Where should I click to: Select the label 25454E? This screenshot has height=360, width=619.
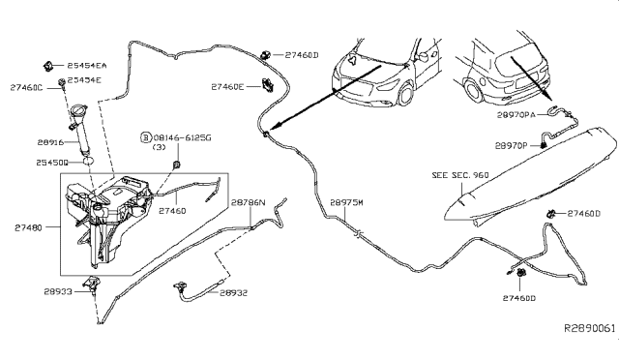[85, 79]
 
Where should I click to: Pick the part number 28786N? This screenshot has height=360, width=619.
[249, 203]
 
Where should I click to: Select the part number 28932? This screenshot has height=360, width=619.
[231, 292]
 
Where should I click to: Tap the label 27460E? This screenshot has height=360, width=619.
[228, 86]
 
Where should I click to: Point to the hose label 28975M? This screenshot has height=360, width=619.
[346, 203]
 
